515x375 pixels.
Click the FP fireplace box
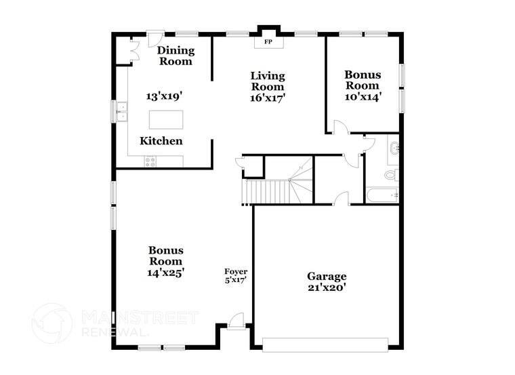[x=268, y=42]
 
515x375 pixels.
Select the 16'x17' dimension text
[x=268, y=97]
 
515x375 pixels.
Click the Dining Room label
[x=176, y=56]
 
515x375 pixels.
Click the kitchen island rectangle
[x=166, y=119]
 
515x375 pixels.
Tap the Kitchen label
[x=161, y=141]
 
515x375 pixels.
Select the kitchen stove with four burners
[x=150, y=161]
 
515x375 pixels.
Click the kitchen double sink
[x=123, y=111]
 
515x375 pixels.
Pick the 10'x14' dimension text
[x=363, y=96]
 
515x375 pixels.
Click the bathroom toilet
[x=391, y=175]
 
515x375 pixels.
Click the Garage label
[x=327, y=276]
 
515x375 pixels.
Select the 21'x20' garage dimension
[x=327, y=287]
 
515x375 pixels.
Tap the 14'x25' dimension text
[x=166, y=272]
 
